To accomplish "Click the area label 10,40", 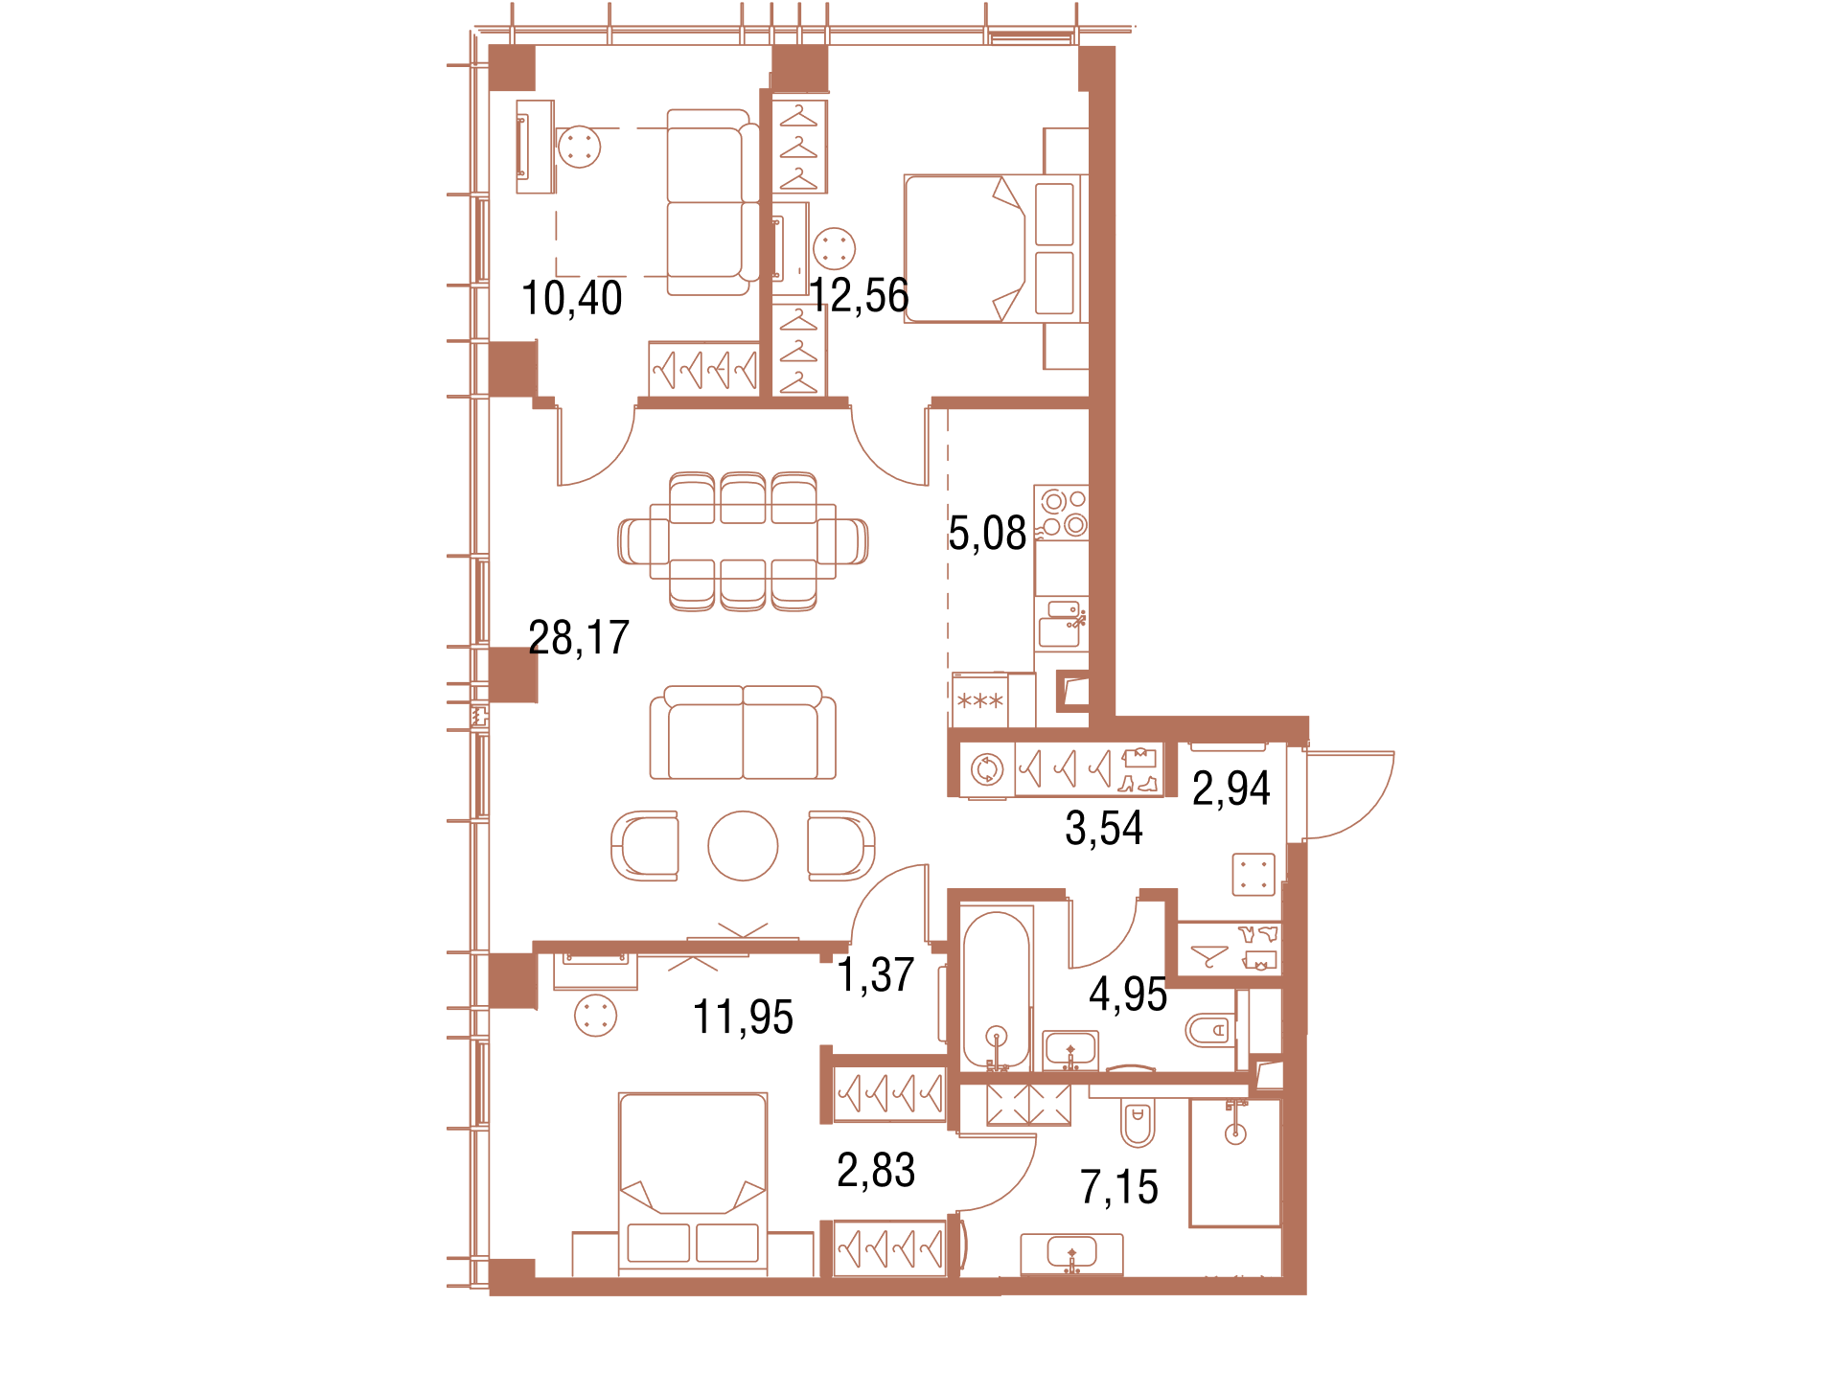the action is coord(572,298).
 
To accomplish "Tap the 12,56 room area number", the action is coord(860,295).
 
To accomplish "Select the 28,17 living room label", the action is coord(579,638).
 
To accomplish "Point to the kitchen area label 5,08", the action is coord(987,534).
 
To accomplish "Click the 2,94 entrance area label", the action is coord(1231,789).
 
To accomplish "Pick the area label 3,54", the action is coord(1104,829).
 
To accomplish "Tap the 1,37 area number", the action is coord(876,975).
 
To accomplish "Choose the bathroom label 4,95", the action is coord(1128,995).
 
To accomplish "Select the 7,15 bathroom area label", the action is coord(1119,1188).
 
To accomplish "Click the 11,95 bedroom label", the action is coord(744,1018).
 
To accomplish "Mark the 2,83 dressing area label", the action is coord(876,1171).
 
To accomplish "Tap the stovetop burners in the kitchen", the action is coord(1063,513).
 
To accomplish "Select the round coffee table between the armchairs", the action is coord(743,846).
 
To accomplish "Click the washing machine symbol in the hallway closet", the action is coord(987,768).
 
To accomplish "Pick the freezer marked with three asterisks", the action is coord(980,701).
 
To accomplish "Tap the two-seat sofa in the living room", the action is coord(743,733).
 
